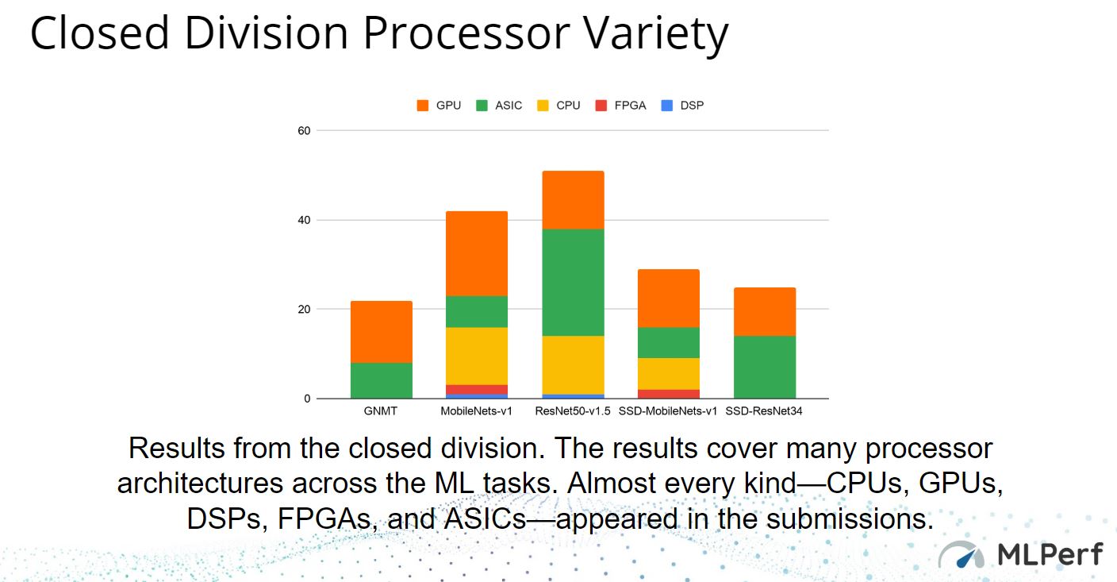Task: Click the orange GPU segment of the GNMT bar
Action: [382, 332]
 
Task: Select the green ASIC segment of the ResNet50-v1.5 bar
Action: [573, 283]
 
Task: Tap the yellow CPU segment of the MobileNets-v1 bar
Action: [477, 357]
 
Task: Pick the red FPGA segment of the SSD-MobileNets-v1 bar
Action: [669, 394]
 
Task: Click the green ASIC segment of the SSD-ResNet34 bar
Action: [765, 368]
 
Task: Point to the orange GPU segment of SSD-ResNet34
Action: [765, 312]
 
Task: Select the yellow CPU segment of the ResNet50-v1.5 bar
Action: [573, 365]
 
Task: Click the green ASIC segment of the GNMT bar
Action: [382, 381]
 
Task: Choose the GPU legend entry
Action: [439, 106]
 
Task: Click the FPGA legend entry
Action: [621, 106]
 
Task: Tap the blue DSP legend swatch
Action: [666, 106]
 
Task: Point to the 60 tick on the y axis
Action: [304, 131]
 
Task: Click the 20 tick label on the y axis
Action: [304, 310]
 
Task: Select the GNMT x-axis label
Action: [381, 411]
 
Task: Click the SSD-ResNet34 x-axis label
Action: [764, 411]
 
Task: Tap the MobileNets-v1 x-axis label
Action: [476, 411]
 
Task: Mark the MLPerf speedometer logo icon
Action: [961, 554]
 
